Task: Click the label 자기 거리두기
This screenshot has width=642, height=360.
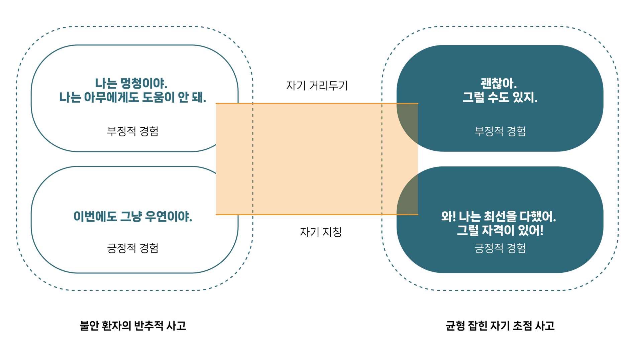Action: click(x=317, y=86)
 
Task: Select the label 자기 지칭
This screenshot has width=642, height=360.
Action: click(x=321, y=232)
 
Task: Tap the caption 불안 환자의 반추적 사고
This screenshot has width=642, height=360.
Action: click(x=133, y=326)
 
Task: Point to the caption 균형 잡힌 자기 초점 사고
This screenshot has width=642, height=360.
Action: click(x=500, y=326)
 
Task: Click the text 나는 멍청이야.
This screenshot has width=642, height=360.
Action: click(x=131, y=83)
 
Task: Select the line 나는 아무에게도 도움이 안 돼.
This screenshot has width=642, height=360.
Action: click(x=133, y=97)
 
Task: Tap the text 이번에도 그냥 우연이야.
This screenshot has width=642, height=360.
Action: click(x=133, y=217)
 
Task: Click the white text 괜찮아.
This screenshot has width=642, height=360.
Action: click(x=499, y=83)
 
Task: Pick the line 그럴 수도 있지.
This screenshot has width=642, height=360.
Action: click(x=500, y=97)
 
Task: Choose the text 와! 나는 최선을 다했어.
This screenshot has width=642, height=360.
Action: click(x=499, y=217)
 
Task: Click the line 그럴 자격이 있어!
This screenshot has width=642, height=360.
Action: click(x=500, y=230)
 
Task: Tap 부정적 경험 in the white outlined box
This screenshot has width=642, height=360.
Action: click(x=133, y=131)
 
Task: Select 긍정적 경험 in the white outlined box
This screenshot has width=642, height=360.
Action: click(x=133, y=248)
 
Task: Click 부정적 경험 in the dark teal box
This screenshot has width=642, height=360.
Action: click(x=500, y=131)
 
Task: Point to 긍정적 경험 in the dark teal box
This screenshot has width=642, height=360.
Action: click(x=500, y=248)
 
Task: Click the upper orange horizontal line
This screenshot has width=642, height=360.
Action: click(x=317, y=104)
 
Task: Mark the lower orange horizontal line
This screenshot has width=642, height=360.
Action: click(x=317, y=215)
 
